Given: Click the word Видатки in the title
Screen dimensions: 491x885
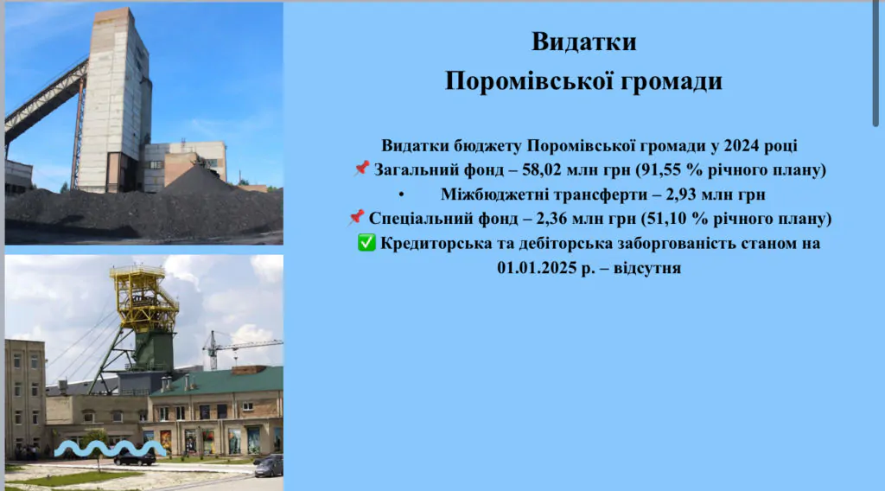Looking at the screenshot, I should [583, 41].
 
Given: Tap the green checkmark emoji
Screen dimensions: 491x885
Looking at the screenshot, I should [366, 244].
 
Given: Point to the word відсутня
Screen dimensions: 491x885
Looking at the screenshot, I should [648, 268].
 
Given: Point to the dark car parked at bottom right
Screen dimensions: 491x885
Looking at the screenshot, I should [269, 466].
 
